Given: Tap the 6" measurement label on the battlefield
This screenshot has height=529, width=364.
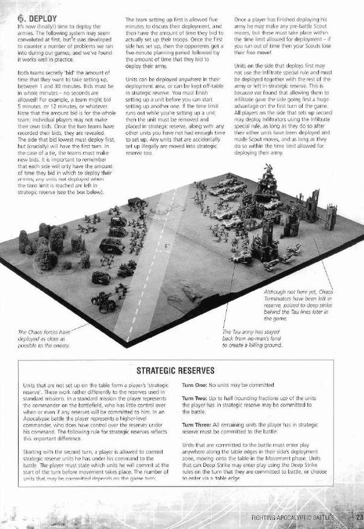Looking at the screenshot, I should [x=166, y=247].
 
